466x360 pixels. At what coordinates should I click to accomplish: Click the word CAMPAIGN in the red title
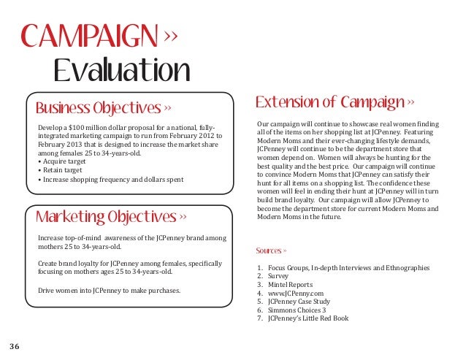(x=88, y=34)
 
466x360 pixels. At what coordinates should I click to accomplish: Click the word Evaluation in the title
(x=122, y=71)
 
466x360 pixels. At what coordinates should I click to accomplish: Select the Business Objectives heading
(x=98, y=109)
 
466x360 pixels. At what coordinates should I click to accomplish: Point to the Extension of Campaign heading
(x=330, y=102)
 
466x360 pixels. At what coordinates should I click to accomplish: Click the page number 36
(x=15, y=345)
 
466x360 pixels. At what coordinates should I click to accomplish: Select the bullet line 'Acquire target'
(x=63, y=161)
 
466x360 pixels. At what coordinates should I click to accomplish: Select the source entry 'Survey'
(x=278, y=277)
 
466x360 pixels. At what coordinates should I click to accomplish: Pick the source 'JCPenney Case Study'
(x=299, y=301)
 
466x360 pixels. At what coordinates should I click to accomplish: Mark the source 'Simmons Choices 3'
(x=297, y=310)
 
